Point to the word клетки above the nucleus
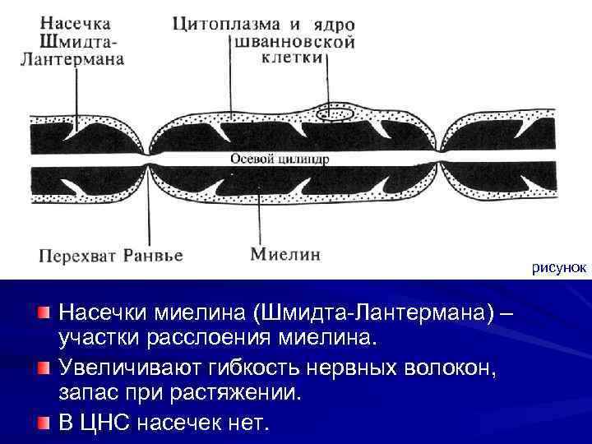tap(294, 59)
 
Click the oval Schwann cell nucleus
tap(335, 114)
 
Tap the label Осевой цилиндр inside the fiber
tap(279, 160)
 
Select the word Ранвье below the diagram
tap(152, 255)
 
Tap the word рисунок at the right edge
tap(558, 268)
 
